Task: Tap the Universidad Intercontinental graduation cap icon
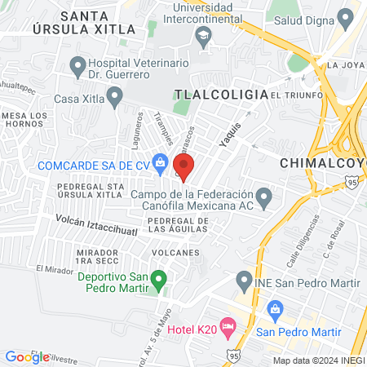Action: click(x=202, y=34)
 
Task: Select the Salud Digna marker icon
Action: click(x=345, y=18)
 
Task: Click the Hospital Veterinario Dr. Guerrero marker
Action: click(x=78, y=64)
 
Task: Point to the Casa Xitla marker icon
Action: click(x=114, y=99)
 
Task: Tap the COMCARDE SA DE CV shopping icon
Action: click(x=161, y=165)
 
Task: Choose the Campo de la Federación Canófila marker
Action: click(x=263, y=197)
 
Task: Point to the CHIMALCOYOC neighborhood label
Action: click(x=323, y=162)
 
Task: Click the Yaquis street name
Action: click(x=230, y=135)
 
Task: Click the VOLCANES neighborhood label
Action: click(x=174, y=252)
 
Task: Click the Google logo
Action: click(x=27, y=356)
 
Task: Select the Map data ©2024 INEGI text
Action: click(x=318, y=360)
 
